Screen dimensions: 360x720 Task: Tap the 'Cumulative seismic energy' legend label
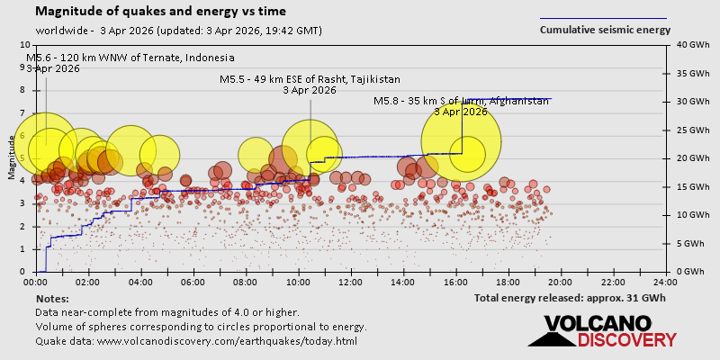tap(605, 30)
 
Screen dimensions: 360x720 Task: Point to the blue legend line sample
tap(603, 17)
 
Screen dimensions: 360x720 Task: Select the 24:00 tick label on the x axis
tap(665, 282)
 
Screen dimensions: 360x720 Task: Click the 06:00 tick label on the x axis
tap(193, 282)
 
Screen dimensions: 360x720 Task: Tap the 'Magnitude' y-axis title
tap(12, 163)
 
